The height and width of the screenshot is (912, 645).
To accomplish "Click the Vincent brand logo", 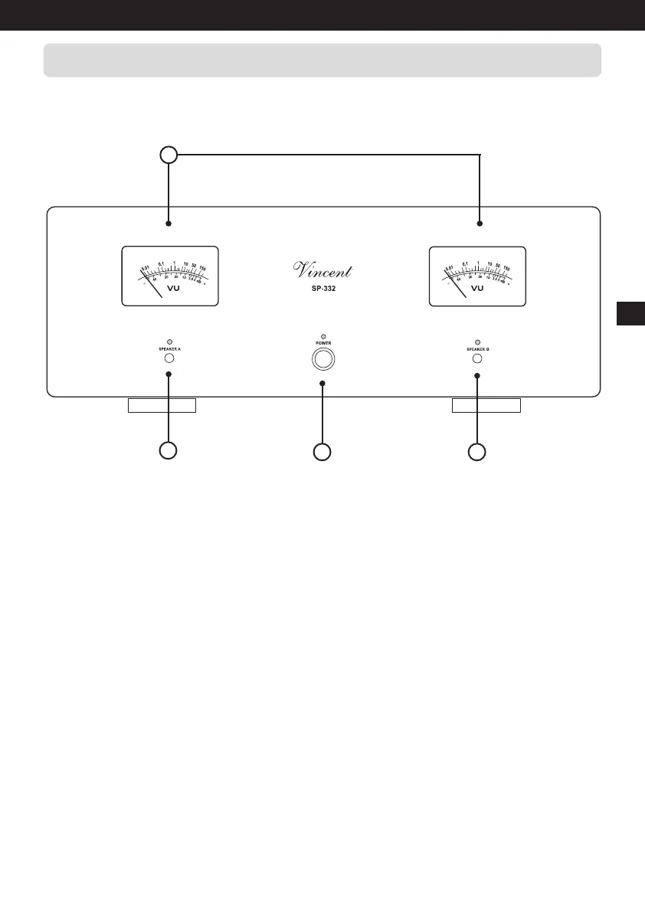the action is click(x=323, y=270).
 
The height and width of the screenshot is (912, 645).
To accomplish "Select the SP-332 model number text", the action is click(x=322, y=289).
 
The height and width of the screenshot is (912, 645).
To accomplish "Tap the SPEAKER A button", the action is click(x=169, y=358).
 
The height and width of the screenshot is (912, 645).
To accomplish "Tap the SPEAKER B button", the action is click(x=477, y=358).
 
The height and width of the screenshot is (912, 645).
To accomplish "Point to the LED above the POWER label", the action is click(x=322, y=336).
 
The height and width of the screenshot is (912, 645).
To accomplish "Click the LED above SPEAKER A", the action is click(x=169, y=341).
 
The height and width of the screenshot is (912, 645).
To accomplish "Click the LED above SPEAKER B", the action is click(x=477, y=341).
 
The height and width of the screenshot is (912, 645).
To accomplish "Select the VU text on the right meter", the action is click(x=477, y=289).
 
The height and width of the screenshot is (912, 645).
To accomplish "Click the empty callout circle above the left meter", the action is click(x=169, y=155).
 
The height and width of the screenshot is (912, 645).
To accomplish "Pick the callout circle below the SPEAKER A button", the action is click(x=169, y=451).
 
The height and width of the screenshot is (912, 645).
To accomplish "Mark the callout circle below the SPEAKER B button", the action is click(x=477, y=452).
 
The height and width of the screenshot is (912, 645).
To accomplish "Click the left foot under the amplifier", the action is click(x=162, y=405).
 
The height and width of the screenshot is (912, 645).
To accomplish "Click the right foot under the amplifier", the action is click(x=486, y=405).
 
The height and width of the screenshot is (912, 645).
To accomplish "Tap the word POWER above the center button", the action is click(x=322, y=344).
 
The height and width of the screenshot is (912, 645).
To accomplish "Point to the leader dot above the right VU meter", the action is click(x=480, y=224).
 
